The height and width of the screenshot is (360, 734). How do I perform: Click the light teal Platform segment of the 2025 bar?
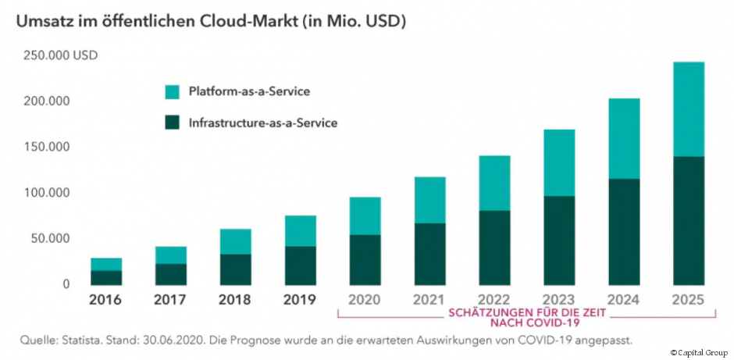pos(688,109)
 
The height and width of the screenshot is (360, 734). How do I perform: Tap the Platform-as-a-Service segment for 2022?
pos(493,183)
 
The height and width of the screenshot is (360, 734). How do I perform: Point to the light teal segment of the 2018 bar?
pos(235,241)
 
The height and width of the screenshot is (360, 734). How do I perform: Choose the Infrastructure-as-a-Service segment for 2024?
pos(623,232)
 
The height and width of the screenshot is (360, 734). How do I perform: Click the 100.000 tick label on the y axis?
pos(46,193)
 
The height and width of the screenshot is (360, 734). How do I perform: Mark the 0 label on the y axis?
pos(67,284)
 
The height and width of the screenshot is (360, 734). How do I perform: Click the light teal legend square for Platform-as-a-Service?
pos(173,92)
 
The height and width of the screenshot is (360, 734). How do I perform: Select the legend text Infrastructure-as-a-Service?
pos(263,123)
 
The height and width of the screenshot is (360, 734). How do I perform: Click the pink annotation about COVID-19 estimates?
pos(527,316)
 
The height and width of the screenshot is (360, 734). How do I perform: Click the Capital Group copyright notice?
pos(699,353)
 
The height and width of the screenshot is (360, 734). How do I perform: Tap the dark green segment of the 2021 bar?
pos(429,254)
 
